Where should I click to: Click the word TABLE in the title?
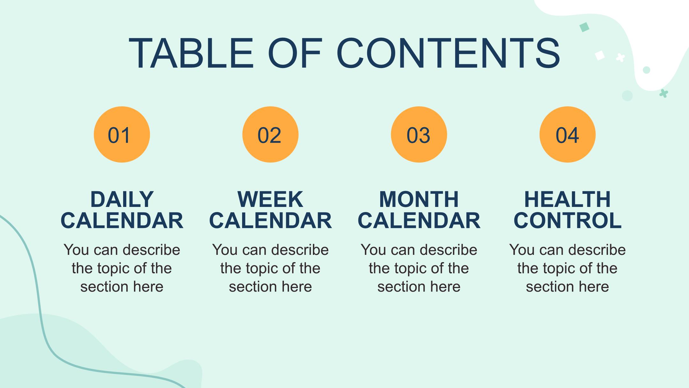tap(191, 53)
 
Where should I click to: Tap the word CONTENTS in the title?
tap(448, 53)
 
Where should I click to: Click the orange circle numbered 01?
tap(122, 134)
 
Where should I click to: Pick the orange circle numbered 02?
tap(270, 134)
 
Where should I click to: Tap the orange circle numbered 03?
tap(419, 134)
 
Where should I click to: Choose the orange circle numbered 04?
tap(567, 134)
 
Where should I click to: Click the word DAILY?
tap(122, 199)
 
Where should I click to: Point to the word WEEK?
tap(270, 199)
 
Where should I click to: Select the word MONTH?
tap(419, 199)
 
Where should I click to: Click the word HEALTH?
tap(567, 199)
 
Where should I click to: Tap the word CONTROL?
tap(567, 220)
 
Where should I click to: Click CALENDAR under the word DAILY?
tap(122, 220)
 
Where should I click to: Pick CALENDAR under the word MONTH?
tap(419, 220)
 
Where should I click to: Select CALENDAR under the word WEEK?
tap(270, 220)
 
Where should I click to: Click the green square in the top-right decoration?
tap(584, 27)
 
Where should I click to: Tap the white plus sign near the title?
tap(620, 58)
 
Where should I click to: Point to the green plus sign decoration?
tap(664, 93)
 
